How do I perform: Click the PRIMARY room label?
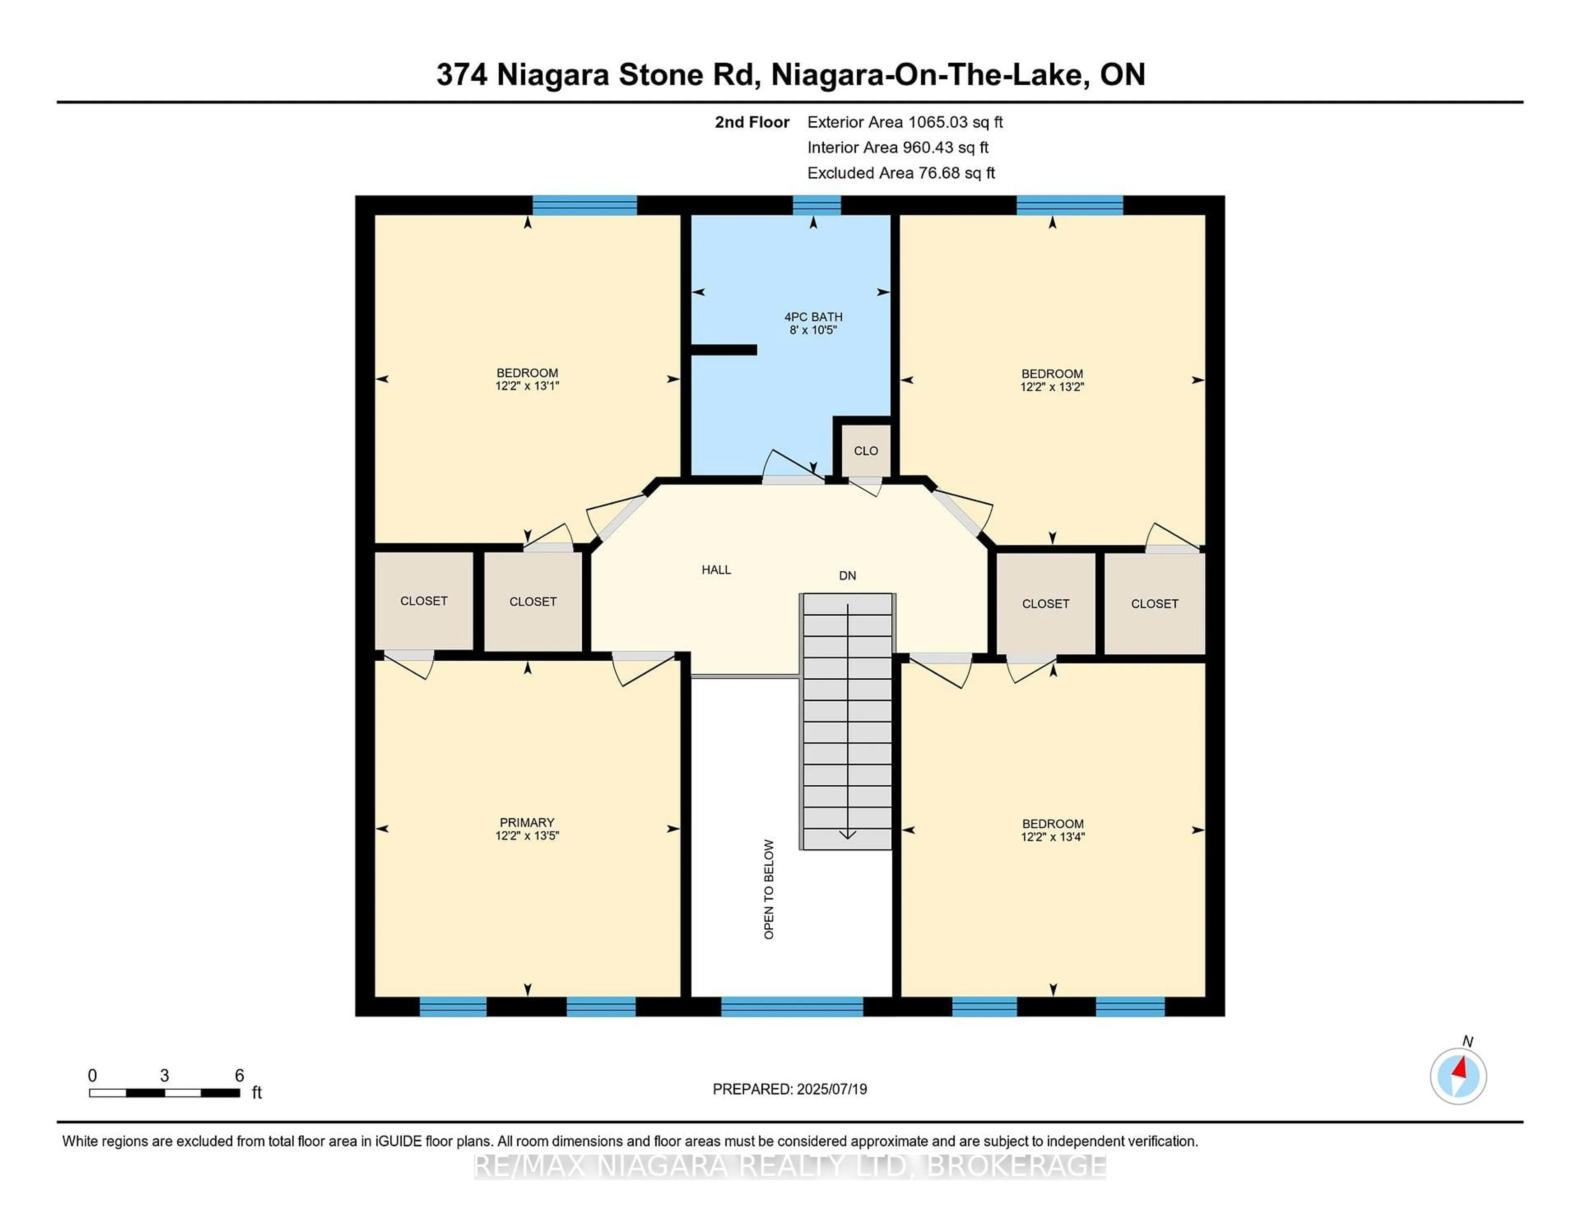[527, 822]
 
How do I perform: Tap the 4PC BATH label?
[813, 317]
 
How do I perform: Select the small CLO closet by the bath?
[865, 450]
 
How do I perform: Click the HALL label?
[716, 570]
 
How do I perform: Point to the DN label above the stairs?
[847, 576]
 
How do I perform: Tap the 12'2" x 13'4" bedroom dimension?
[1053, 837]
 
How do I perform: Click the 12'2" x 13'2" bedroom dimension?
[1052, 387]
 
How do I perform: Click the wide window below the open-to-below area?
[792, 1006]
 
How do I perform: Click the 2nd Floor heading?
[752, 122]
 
